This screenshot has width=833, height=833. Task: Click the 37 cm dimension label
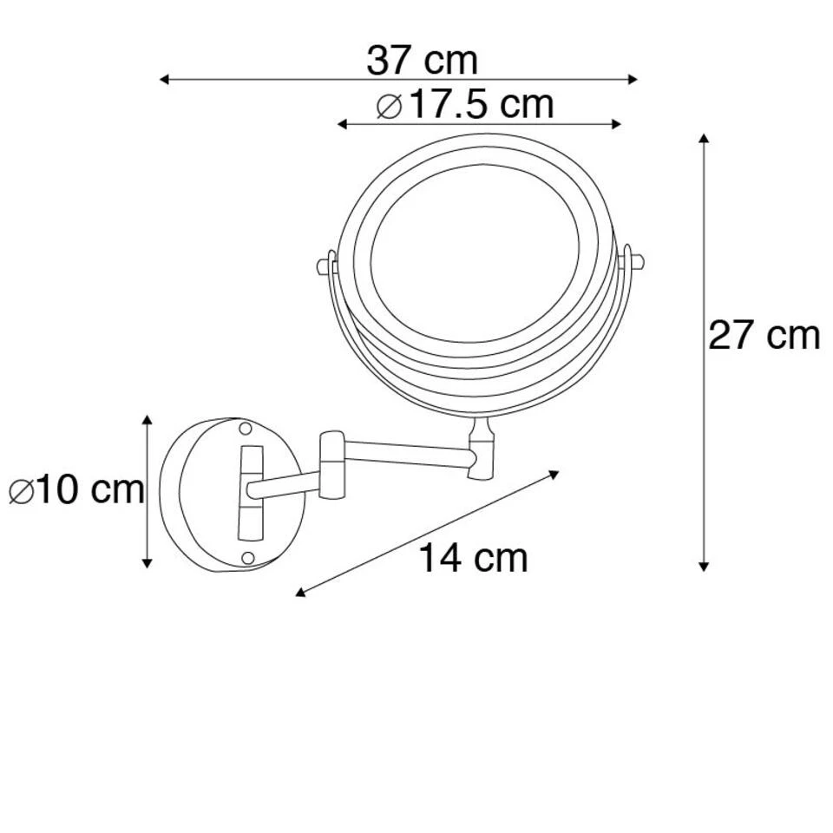(422, 60)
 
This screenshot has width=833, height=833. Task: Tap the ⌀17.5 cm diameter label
(465, 105)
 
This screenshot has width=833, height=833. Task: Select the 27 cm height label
(764, 335)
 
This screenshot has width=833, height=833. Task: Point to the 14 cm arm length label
(473, 558)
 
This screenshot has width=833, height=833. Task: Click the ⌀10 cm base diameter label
(76, 490)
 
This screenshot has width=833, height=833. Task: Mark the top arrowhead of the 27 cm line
(705, 140)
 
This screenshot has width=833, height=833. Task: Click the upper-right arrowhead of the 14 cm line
(556, 474)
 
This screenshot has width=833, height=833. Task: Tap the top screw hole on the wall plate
(246, 429)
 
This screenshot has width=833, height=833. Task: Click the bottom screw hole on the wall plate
(246, 557)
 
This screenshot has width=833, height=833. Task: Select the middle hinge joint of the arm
(331, 465)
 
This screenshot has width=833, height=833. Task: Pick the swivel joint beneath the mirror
(480, 449)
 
